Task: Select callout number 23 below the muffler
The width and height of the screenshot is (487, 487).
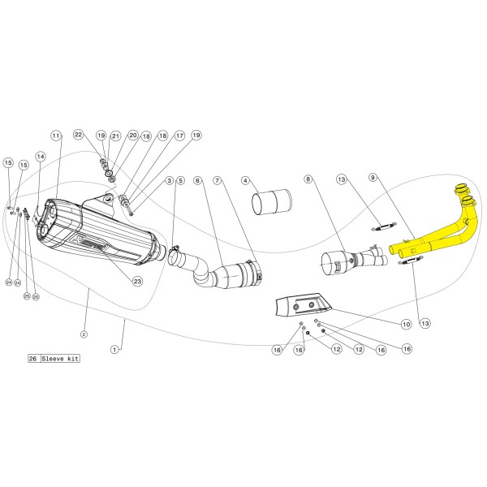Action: click(137, 281)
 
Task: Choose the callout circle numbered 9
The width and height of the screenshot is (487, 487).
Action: click(373, 177)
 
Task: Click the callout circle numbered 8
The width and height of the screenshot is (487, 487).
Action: click(308, 179)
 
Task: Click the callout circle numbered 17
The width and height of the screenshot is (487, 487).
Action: click(179, 136)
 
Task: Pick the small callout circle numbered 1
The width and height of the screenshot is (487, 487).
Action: click(114, 349)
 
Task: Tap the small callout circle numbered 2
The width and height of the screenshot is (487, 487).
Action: click(84, 333)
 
